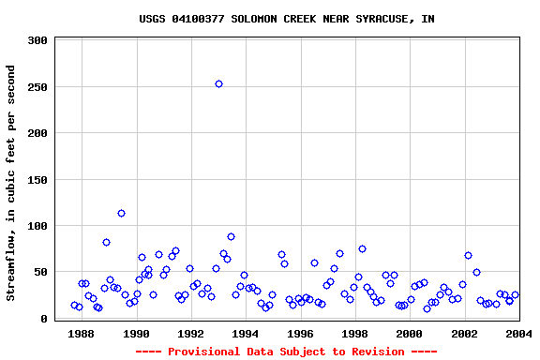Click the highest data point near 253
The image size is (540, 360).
coord(218,83)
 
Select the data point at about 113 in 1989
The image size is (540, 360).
coord(121,213)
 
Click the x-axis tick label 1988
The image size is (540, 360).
coord(82,334)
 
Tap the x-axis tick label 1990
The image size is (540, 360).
coord(137,334)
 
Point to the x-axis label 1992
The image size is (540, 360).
coord(191,334)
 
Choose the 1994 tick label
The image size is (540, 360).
coord(246,334)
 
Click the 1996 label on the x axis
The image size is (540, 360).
coord(300,334)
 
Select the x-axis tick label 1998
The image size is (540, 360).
coord(354,334)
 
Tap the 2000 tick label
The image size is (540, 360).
coord(409,334)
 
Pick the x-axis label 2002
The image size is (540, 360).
coord(464,334)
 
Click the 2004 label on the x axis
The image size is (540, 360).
coord(518,334)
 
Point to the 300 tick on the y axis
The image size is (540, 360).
coord(37,41)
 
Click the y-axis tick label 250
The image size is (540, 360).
coord(37,87)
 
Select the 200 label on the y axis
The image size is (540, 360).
coord(37,134)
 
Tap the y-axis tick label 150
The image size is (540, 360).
coord(37,180)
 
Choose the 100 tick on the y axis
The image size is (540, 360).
coord(37,226)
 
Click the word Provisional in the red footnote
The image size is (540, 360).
coord(201,352)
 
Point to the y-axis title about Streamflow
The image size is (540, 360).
coord(11,183)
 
